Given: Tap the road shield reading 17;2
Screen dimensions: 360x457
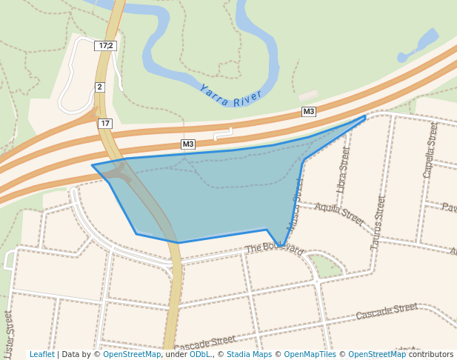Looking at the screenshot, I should coord(105,46).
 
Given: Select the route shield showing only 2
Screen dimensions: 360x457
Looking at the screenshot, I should coord(99,87).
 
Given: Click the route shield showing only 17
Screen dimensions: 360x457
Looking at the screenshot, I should coord(105,123).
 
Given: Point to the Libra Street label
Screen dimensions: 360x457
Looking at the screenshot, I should coord(342,170).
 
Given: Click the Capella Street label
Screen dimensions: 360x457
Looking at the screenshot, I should coord(430,150).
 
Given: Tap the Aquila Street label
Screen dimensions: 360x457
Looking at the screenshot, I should coord(339,214).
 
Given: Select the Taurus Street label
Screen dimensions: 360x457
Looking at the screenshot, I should coord(378,221).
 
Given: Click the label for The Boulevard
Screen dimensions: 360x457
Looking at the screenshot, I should coord(274,249).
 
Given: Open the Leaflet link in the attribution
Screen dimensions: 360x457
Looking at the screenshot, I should coord(41,354).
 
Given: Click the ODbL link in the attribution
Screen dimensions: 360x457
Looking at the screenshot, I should coord(200,354).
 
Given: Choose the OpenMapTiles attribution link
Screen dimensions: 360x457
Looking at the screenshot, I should coord(309,354).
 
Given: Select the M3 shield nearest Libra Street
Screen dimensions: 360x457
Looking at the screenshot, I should coord(309,112).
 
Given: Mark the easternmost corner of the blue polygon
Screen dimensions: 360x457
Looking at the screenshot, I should coord(366,116).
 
